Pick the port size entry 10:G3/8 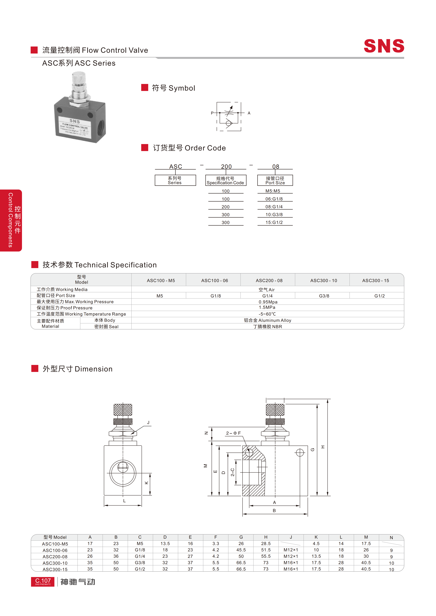[274, 215]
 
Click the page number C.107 [43, 581]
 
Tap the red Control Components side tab [11, 220]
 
